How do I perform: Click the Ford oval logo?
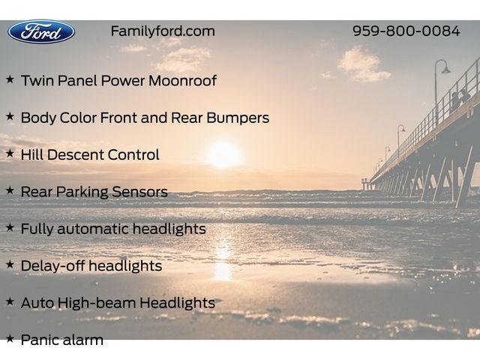(x=41, y=31)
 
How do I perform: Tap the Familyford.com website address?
(x=163, y=31)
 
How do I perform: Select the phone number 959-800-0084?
(x=406, y=31)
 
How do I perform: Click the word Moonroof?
(x=182, y=80)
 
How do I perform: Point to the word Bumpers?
(x=238, y=118)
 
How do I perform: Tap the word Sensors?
(x=139, y=192)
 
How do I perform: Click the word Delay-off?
(x=52, y=266)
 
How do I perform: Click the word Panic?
(x=37, y=340)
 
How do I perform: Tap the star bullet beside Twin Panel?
(x=10, y=79)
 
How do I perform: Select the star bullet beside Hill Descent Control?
(x=10, y=153)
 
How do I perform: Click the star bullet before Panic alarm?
(x=10, y=338)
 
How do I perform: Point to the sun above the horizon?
(x=224, y=154)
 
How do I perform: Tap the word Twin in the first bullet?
(x=37, y=80)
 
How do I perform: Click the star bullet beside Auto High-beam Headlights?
(x=10, y=301)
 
